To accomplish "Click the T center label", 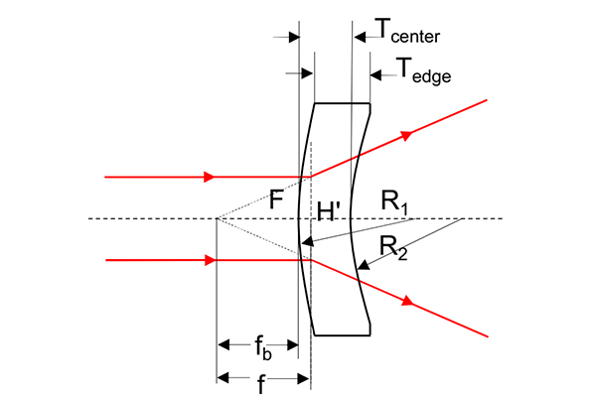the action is click(x=407, y=31).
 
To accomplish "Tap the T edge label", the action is click(x=423, y=70).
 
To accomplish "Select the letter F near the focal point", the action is click(x=276, y=199).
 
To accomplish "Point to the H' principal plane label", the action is click(x=329, y=211).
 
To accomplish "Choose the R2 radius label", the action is click(x=393, y=248).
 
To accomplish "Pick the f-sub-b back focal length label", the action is click(x=263, y=348).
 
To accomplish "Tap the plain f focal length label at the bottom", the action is click(x=260, y=384).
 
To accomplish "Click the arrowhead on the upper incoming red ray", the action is click(x=209, y=177).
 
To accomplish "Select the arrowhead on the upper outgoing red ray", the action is click(x=406, y=135).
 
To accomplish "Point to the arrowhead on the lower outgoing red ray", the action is click(x=407, y=302).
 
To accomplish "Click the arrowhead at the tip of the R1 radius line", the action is click(x=307, y=241).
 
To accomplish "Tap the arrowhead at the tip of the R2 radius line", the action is click(x=364, y=265).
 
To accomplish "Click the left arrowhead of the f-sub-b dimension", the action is click(x=224, y=345).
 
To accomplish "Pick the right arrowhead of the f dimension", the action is click(x=303, y=378).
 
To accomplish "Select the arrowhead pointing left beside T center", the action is click(x=360, y=38).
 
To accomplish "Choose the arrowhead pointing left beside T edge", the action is click(x=375, y=75).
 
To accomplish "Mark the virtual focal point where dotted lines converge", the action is click(x=217, y=218).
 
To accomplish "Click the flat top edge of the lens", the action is click(x=342, y=103).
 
